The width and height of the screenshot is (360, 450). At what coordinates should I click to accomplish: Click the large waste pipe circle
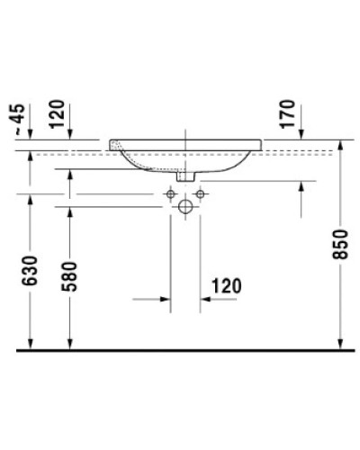click(x=185, y=208)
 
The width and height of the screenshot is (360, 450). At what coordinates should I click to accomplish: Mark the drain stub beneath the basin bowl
click(x=185, y=176)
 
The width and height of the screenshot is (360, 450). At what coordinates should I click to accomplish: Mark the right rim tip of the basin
click(x=262, y=144)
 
